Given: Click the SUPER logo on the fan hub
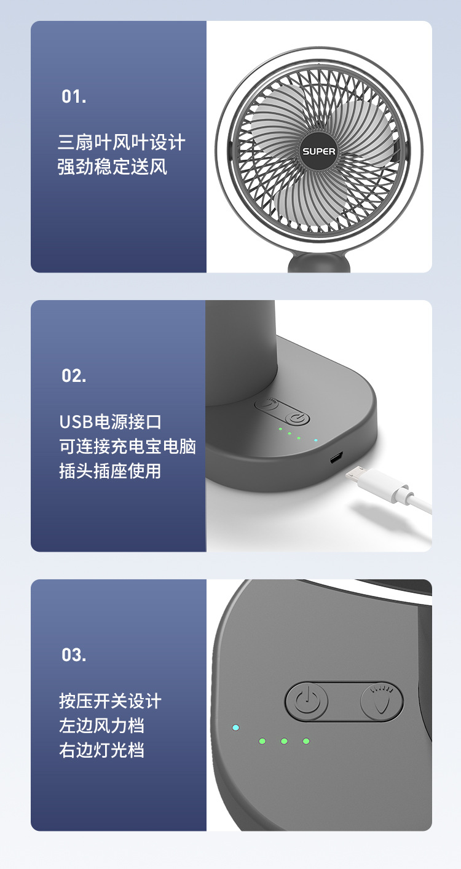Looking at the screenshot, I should [x=318, y=151].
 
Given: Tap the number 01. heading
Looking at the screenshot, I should [x=74, y=97].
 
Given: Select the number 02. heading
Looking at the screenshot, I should [x=74, y=376].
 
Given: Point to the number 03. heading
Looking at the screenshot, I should [x=74, y=655].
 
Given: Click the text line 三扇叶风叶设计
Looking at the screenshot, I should [x=121, y=143].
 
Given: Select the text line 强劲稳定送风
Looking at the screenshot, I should [x=112, y=167].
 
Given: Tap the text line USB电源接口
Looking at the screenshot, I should [x=110, y=422].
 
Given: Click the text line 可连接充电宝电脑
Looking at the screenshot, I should [x=127, y=446].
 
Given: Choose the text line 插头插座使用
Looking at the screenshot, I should [x=110, y=471].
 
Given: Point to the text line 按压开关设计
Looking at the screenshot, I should [x=110, y=701].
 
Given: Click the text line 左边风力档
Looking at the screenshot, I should [x=101, y=726].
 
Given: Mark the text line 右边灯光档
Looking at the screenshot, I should [x=101, y=750].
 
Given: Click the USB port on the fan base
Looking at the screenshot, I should [x=336, y=459].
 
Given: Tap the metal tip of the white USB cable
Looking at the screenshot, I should [x=355, y=475].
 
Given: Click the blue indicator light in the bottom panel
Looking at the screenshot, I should [x=235, y=728].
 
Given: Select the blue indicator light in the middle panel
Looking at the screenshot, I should [x=315, y=440].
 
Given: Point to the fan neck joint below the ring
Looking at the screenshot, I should [x=319, y=263].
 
